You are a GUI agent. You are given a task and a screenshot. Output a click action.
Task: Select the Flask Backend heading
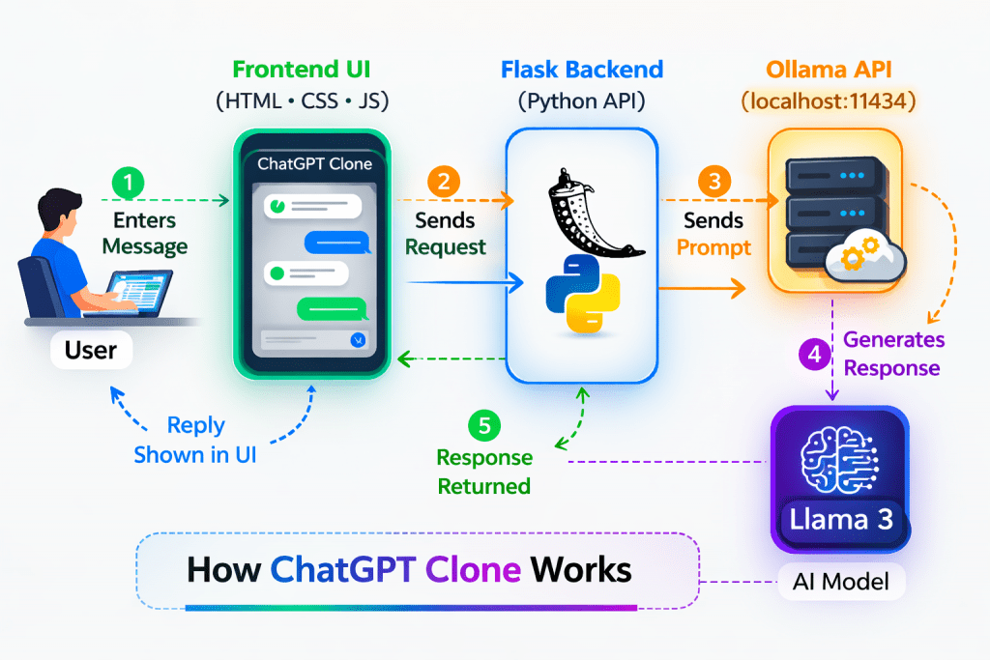[x=582, y=71]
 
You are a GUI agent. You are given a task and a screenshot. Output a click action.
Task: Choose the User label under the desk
[x=91, y=350]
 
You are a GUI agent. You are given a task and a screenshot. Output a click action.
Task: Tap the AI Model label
[x=839, y=582]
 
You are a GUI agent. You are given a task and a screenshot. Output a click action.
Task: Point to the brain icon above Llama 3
[x=839, y=457]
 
